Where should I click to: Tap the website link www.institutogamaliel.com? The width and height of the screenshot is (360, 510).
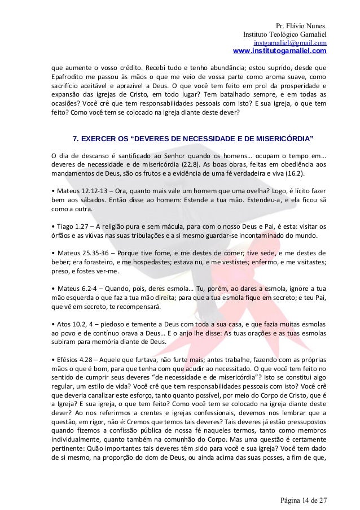click(x=279, y=51)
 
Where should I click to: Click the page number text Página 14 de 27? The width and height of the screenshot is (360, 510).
click(x=303, y=499)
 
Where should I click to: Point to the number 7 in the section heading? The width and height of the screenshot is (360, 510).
click(x=76, y=139)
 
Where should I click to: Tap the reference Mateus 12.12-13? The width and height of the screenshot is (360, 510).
click(x=79, y=190)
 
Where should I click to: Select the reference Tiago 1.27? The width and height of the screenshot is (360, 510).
click(x=72, y=225)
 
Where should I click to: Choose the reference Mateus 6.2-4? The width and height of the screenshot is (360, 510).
click(x=74, y=287)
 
